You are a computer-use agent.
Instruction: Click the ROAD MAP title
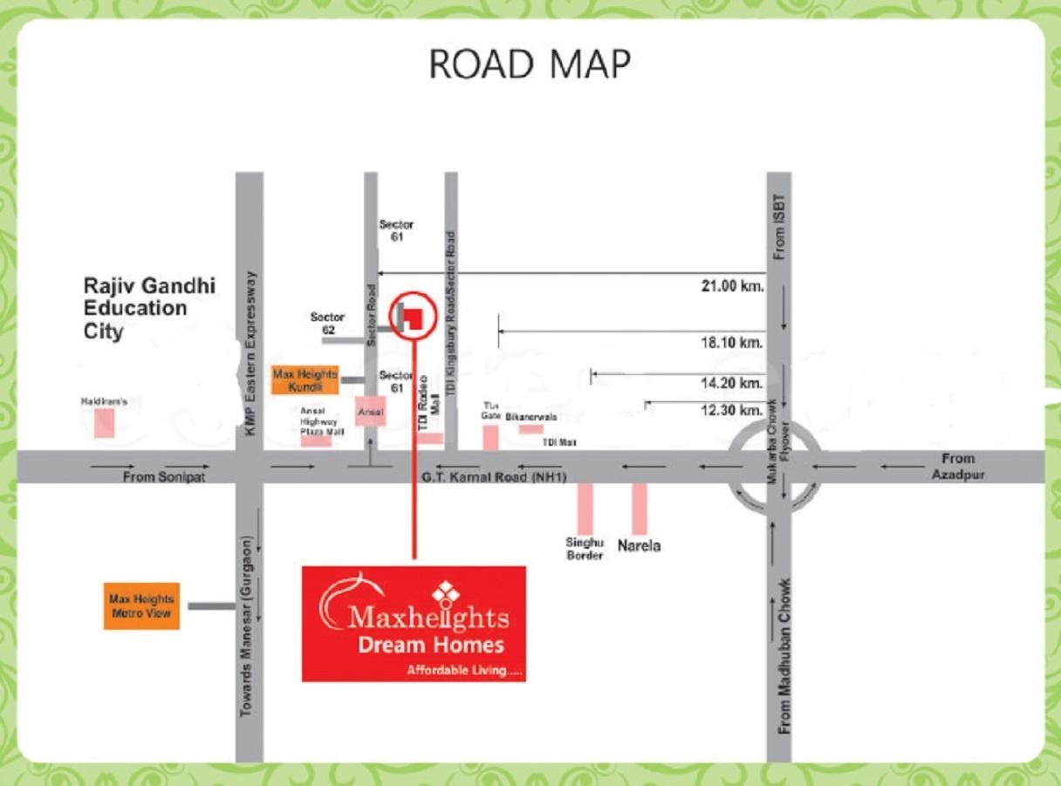pos(530,65)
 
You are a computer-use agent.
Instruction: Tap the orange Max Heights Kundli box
pos(305,379)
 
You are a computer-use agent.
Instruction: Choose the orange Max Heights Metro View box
pos(141,605)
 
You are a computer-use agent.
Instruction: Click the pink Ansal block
pos(370,411)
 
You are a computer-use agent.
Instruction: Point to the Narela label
pos(639,546)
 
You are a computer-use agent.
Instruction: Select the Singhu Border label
pos(585,549)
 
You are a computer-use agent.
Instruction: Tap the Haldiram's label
pos(105,402)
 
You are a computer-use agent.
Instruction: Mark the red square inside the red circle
pos(414,316)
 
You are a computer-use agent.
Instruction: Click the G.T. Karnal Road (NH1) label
pos(494,477)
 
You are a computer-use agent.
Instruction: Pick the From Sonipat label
pos(163,477)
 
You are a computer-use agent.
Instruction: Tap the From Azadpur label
pos(957,466)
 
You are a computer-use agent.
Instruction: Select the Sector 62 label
pos(327,324)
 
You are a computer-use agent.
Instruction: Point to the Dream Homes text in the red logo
pos(431,646)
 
